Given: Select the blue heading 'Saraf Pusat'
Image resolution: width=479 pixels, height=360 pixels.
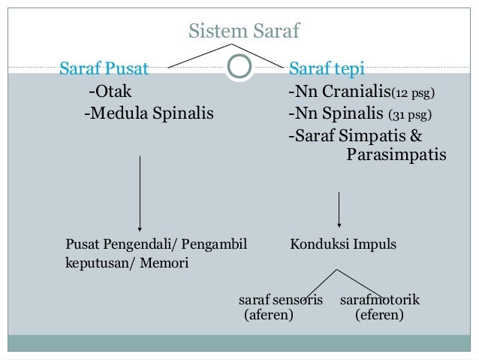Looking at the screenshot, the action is tap(104, 71).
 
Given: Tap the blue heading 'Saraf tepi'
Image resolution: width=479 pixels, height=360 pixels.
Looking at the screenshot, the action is tap(327, 71).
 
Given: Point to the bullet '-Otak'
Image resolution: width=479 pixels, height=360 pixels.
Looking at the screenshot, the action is tap(110, 93).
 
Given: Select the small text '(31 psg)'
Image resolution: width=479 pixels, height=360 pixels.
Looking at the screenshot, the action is tap(410, 116).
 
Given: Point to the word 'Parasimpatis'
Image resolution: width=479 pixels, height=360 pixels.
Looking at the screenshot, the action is tap(396, 156).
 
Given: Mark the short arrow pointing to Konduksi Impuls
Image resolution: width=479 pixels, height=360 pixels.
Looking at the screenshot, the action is tap(340, 210).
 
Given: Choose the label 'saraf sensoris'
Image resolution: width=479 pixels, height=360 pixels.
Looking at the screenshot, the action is tap(280, 301).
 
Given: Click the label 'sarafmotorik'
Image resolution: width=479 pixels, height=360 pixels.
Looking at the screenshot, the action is tap(380, 301).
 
